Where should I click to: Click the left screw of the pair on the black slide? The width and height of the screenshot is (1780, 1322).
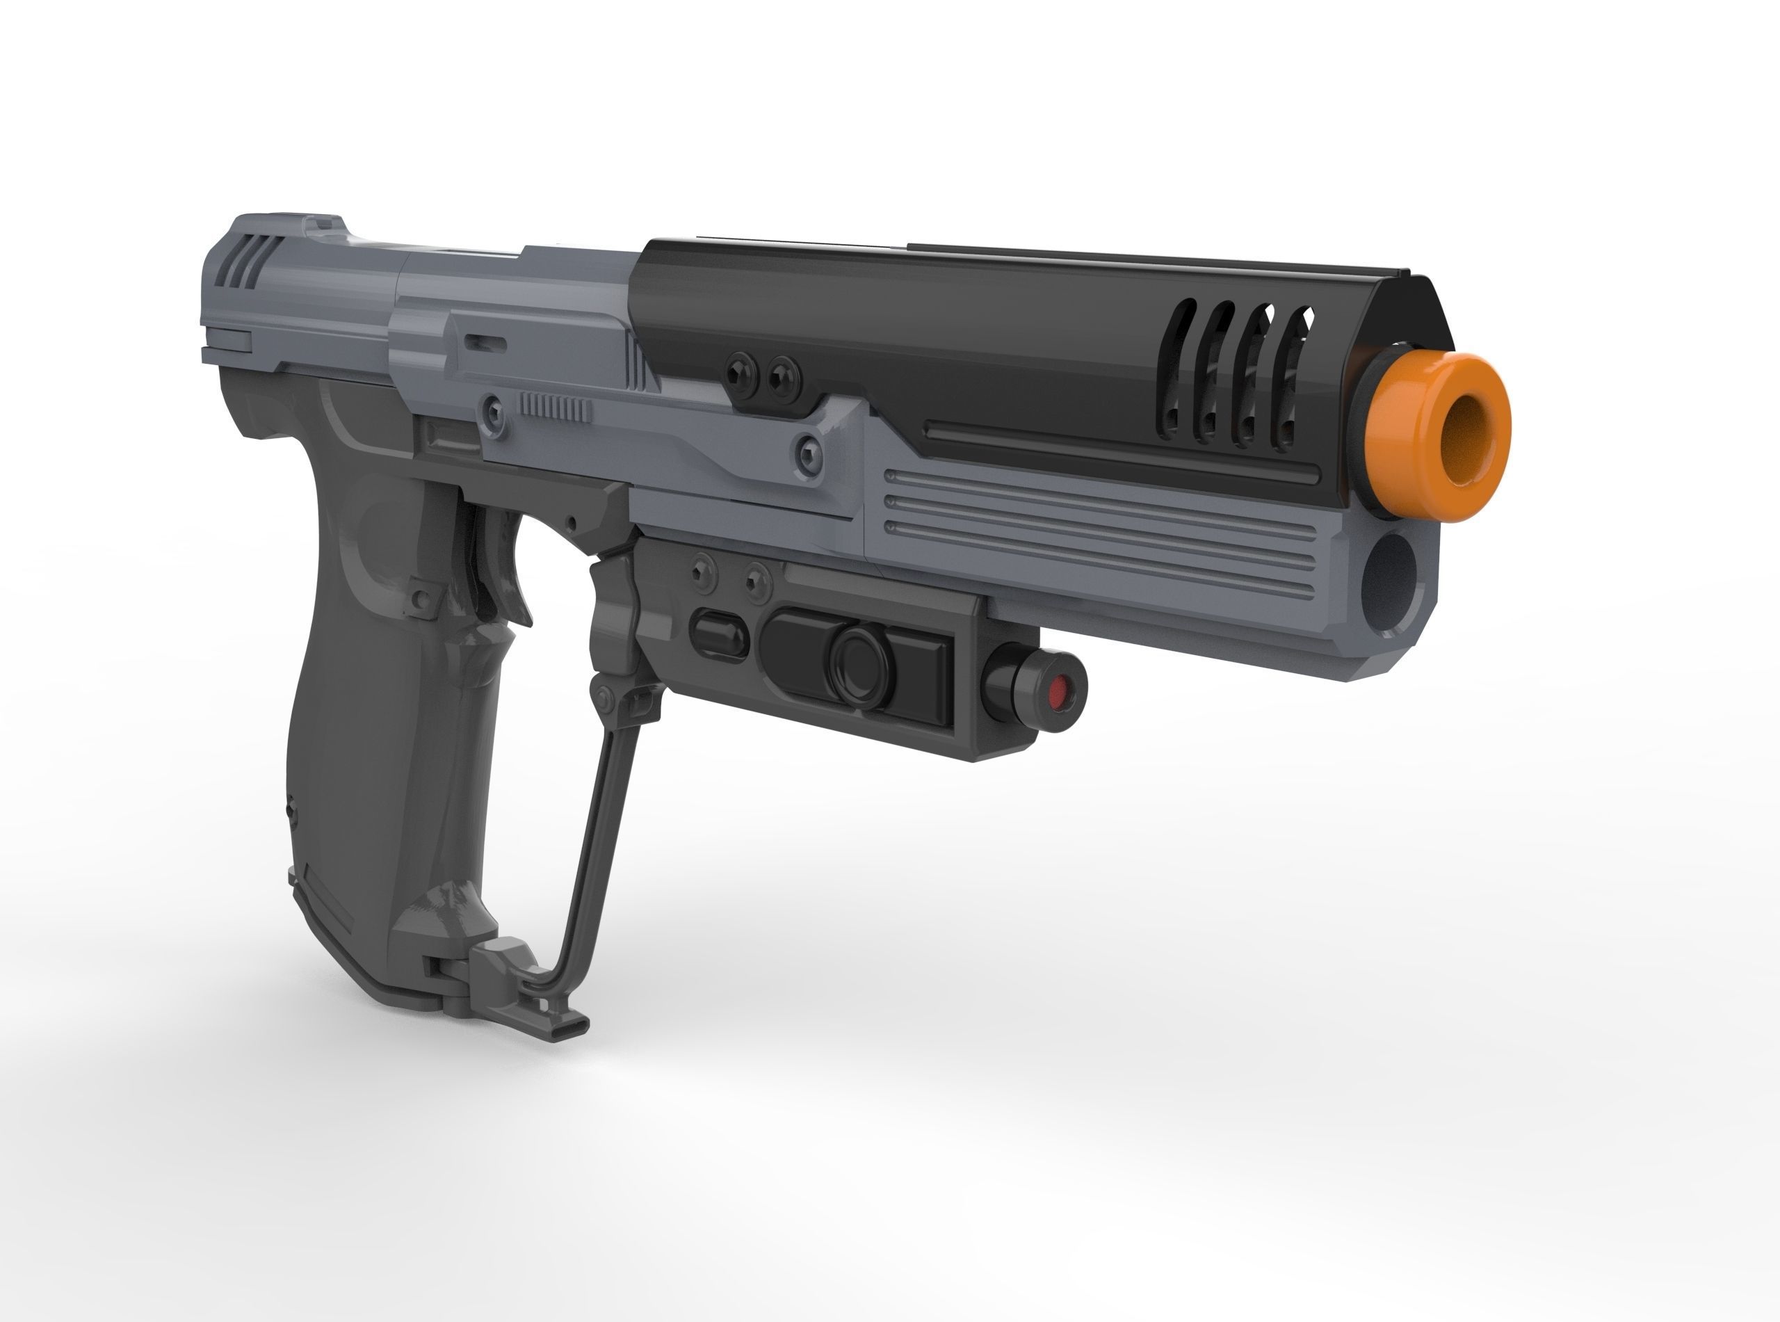click(739, 371)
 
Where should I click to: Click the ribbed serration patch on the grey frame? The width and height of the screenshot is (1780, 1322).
click(556, 409)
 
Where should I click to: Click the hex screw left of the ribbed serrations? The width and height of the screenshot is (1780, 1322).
click(494, 414)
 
